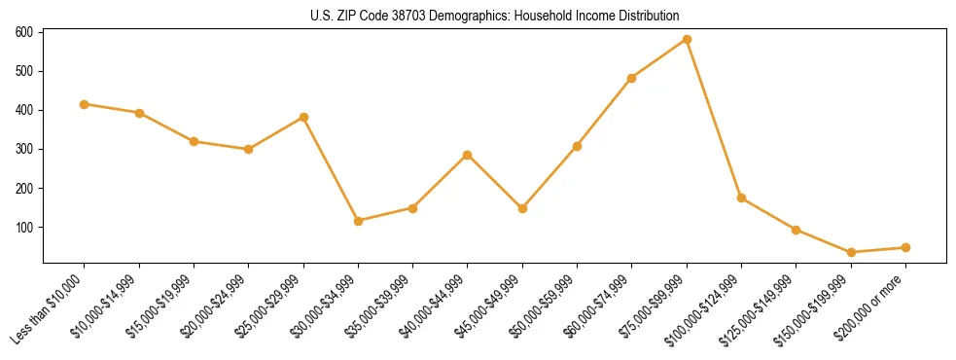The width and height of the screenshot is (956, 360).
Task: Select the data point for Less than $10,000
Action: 85,104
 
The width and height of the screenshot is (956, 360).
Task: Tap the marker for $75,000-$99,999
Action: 687,40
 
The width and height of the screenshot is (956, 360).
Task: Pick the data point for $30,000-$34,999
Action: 359,221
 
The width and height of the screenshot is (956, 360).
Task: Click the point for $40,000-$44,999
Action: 468,155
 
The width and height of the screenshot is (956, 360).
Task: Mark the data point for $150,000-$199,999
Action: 851,252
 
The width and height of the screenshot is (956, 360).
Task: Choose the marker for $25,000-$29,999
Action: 303,118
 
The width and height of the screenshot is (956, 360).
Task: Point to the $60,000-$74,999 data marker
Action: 632,78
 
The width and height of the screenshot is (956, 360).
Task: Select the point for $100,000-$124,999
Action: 741,198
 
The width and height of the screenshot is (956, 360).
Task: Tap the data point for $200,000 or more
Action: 905,247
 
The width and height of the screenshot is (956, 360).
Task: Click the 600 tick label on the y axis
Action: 24,32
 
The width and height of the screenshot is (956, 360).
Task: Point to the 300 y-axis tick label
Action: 24,149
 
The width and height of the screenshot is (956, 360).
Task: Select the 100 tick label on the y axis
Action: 24,227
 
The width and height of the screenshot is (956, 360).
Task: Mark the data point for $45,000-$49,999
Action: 522,208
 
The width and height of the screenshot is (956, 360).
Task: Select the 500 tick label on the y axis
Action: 24,71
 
